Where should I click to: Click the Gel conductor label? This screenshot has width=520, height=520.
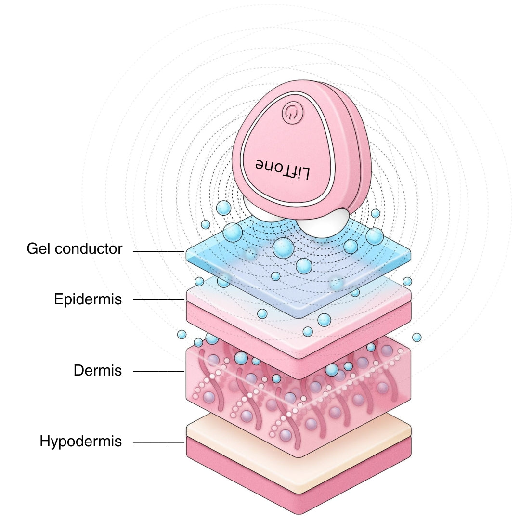75,249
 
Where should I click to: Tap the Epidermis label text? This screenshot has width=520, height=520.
88,299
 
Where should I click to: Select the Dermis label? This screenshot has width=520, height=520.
98,371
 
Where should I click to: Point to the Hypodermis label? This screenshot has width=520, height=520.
81,441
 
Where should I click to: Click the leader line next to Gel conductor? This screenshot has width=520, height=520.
159,251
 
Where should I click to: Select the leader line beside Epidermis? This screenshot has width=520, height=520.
159,299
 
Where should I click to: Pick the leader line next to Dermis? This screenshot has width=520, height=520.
159,371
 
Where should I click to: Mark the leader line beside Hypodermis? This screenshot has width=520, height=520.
159,443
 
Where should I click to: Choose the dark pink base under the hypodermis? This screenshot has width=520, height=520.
241,477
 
